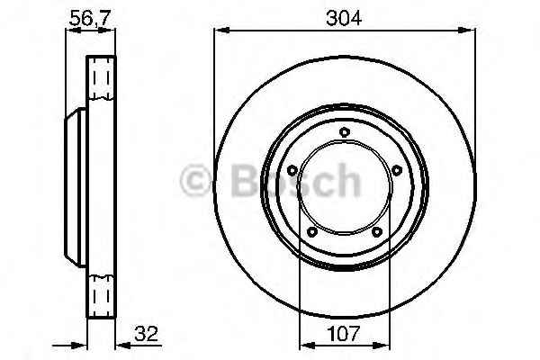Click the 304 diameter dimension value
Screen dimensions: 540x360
pos(344,18)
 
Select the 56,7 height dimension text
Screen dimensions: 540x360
pos(89,18)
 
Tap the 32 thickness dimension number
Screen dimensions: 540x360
pos(146,333)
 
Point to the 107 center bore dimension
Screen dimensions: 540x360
pos(344,333)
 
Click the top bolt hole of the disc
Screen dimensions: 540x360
pos(345,131)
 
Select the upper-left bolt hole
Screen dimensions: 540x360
pos(292,170)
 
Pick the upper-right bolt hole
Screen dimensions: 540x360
pos(397,170)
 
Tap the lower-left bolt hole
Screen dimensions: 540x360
pos(312,232)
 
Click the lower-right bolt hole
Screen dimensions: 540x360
pos(377,232)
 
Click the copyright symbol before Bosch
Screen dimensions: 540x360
pos(195,180)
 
